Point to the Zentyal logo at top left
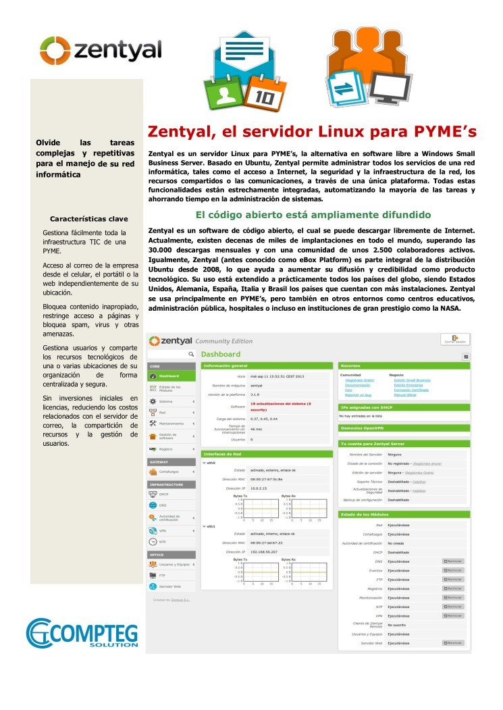[100, 49]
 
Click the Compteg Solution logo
[82, 632]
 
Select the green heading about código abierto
[313, 215]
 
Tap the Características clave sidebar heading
[89, 219]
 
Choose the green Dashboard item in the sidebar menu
[173, 376]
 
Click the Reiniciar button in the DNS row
[453, 561]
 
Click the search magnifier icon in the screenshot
[191, 354]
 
